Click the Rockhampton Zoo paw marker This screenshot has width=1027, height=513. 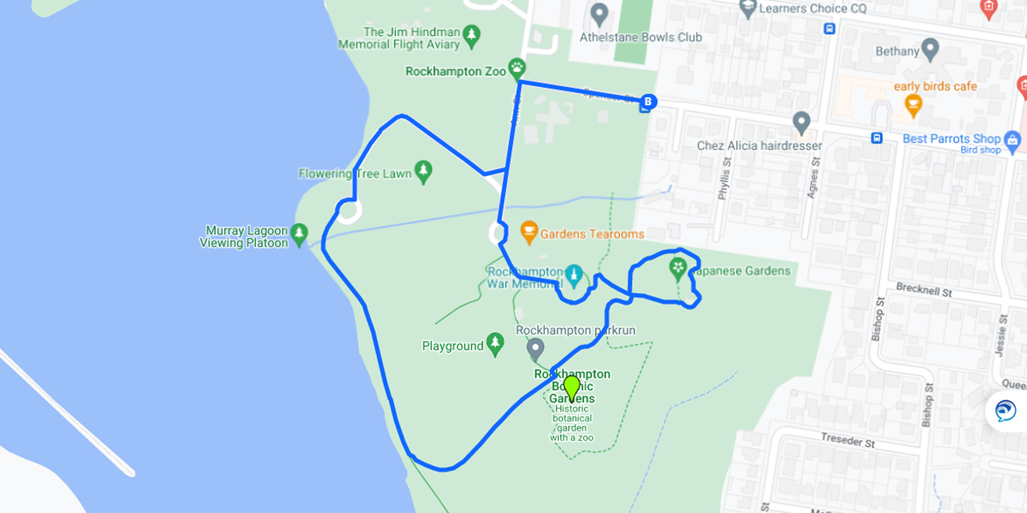[517, 67]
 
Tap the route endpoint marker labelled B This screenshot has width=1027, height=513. [648, 102]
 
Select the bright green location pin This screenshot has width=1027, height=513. [572, 386]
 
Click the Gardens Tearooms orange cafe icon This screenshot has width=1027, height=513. [529, 231]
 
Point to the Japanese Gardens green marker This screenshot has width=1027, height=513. [678, 268]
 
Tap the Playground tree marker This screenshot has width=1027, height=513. [495, 342]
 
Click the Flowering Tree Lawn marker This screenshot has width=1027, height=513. [423, 170]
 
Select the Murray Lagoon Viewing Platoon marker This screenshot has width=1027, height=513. [299, 233]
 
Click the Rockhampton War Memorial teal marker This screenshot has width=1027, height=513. [574, 274]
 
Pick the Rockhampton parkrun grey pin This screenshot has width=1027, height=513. [536, 348]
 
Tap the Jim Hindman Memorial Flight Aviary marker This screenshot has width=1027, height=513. [471, 35]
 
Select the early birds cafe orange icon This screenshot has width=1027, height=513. [913, 105]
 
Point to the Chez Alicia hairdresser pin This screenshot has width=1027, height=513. [801, 122]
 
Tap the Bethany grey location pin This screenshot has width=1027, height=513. [930, 48]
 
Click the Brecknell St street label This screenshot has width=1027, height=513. [924, 290]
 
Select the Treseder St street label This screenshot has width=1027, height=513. [848, 440]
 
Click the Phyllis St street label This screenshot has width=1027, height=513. [724, 178]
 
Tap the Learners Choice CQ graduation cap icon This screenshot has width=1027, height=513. [748, 7]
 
